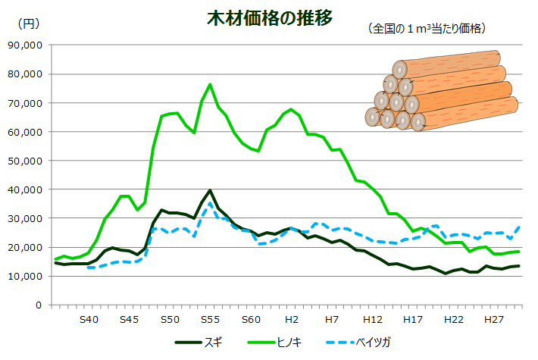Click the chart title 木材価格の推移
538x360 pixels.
pos(269,18)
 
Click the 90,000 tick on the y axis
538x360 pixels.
pos(25,45)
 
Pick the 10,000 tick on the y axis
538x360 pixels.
pos(25,277)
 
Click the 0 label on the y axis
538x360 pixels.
pos(37,305)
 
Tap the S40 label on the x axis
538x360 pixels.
pos(89,320)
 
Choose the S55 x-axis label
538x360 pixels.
pos(211,320)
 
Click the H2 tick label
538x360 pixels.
pos(292,320)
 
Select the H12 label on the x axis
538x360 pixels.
pos(373,320)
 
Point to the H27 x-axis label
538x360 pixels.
pos(495,320)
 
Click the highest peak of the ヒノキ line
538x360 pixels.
pos(210,84)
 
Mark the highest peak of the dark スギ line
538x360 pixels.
pos(210,190)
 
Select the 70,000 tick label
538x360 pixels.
pos(25,103)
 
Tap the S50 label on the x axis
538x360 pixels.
pos(170,320)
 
